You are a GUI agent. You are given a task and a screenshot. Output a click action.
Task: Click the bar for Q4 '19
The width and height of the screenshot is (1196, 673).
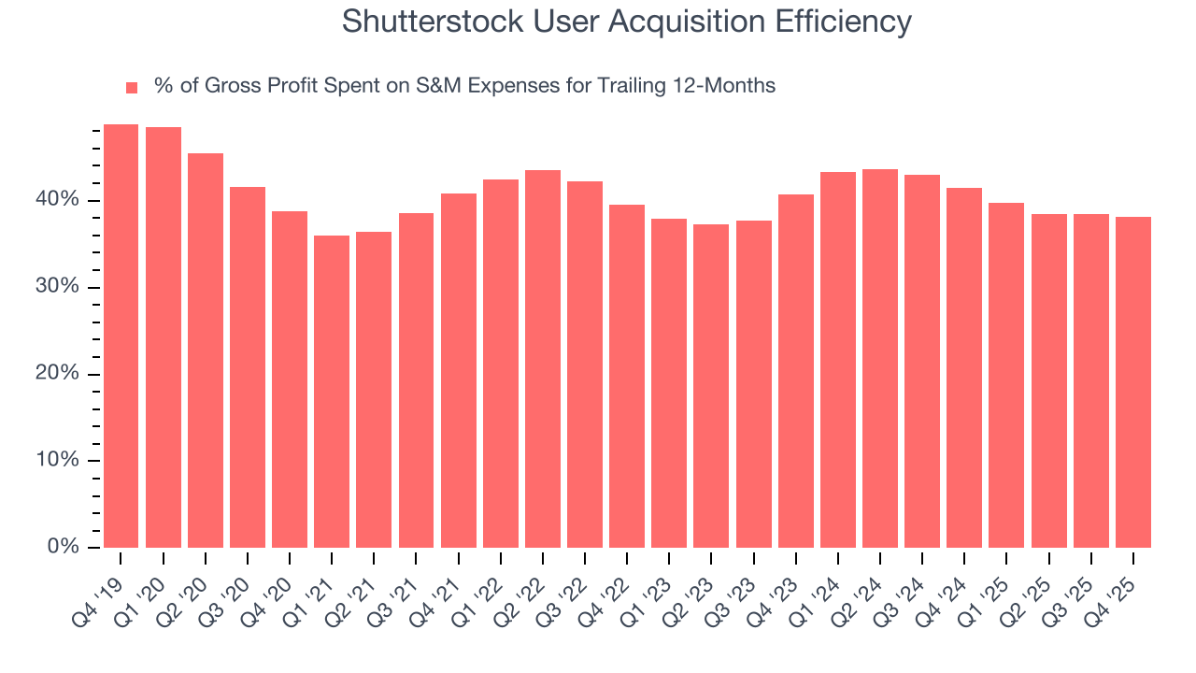pos(121,336)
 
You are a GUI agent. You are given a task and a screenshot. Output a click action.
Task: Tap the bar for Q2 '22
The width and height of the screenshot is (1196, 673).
pos(543,359)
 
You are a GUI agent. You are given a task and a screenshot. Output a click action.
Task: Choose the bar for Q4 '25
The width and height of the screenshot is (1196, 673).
pos(1133,382)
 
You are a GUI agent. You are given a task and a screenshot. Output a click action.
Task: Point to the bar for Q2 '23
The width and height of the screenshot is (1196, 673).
pos(711,386)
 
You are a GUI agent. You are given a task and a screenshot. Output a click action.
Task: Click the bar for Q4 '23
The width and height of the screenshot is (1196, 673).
pos(796,371)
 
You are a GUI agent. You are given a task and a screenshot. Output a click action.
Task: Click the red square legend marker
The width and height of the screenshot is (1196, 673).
pos(132,88)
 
